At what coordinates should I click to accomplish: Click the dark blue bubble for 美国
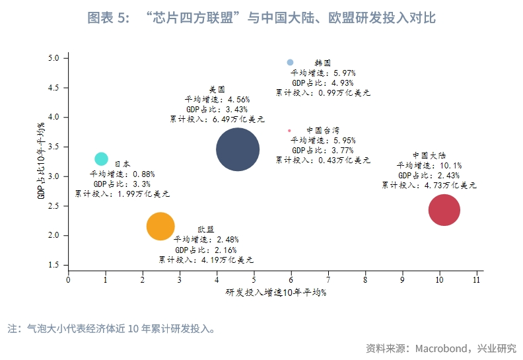[x=238, y=149]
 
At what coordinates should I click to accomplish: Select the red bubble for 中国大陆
[x=444, y=211]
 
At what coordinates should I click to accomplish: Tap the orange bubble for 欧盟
[x=160, y=227]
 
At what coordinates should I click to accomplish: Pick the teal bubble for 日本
[x=101, y=159]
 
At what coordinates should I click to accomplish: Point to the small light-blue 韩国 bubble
[x=290, y=62]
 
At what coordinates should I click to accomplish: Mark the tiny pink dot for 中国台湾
[x=289, y=131]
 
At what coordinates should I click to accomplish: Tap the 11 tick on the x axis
[x=477, y=280]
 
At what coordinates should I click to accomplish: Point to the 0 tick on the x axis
[x=69, y=280]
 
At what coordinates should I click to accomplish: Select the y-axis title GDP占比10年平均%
[x=41, y=161]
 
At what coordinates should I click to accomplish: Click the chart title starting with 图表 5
[x=261, y=18]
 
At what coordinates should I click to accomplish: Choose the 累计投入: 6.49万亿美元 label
[x=217, y=120]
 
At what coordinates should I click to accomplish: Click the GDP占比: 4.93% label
[x=322, y=83]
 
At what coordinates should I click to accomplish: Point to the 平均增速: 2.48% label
[x=205, y=240]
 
